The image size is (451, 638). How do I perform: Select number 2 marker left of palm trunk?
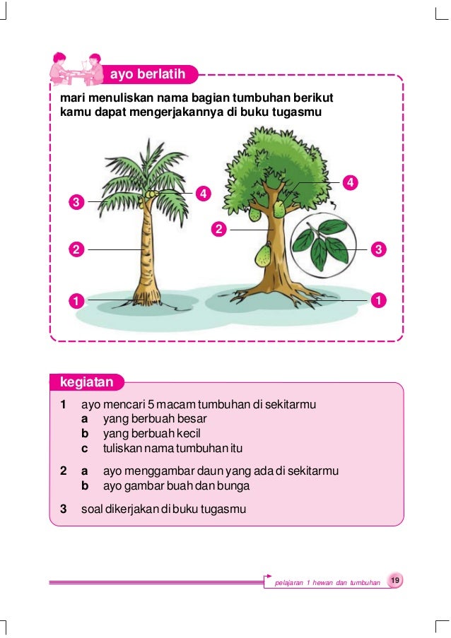tap(74, 249)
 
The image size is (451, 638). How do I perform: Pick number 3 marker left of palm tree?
tap(74, 202)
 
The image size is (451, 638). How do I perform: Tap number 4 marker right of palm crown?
tap(204, 193)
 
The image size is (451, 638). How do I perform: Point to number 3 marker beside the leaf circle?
tap(379, 249)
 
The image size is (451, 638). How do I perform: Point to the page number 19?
tap(396, 580)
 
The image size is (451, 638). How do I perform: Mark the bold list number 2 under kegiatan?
tap(64, 470)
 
